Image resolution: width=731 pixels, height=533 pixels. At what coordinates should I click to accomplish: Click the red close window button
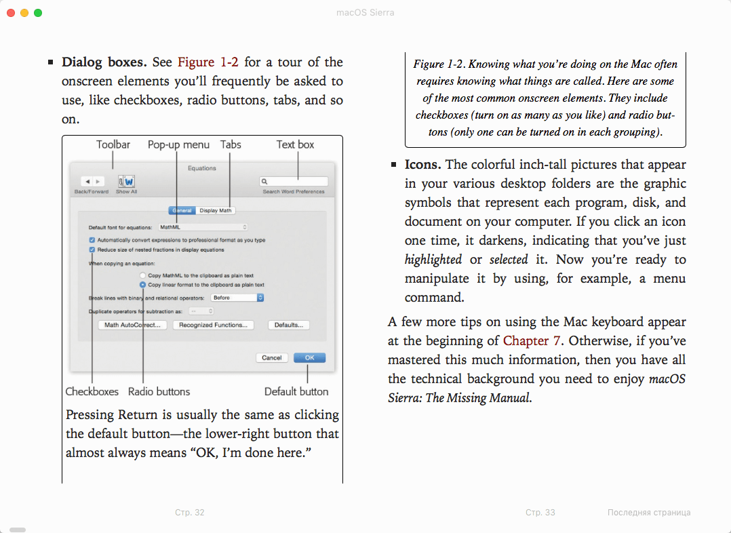coord(11,13)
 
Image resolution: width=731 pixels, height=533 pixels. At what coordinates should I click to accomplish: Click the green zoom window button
coord(38,13)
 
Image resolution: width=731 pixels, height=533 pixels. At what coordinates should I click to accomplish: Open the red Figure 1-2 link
coord(208,62)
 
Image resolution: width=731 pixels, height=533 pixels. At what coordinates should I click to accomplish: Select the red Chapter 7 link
coord(532,341)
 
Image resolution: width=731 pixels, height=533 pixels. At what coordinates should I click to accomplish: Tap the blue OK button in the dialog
coord(309,357)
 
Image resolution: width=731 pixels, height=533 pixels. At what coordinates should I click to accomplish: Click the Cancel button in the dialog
coord(271,357)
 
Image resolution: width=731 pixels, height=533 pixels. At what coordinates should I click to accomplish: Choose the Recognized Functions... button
coord(213,325)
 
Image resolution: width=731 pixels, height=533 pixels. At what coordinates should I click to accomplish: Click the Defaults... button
coord(289,325)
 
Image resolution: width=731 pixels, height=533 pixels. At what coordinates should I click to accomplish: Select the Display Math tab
coord(216,210)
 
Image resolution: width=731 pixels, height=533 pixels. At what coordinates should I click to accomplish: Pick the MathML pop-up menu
coord(203,227)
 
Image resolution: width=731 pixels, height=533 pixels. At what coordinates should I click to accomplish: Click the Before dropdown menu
coord(237,298)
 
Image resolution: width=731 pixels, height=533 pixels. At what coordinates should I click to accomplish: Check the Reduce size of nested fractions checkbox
coord(92,250)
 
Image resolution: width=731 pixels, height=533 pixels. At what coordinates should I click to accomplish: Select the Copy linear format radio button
coord(142,285)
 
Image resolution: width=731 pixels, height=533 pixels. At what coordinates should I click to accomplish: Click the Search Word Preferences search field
coord(294,182)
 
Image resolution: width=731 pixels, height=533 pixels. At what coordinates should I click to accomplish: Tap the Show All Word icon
coord(126,182)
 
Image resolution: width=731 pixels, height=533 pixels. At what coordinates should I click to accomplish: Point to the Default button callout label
coord(296,392)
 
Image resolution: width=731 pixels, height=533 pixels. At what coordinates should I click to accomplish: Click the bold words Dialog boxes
coord(104,62)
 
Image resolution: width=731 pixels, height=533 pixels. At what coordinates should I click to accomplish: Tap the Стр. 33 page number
coord(540,513)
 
